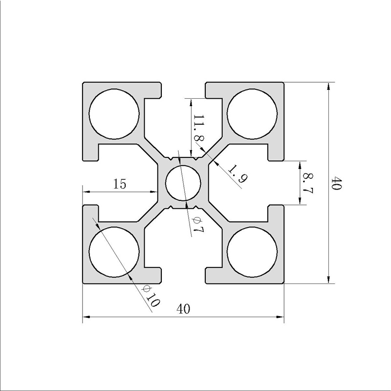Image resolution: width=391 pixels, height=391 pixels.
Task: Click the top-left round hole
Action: pyautogui.click(x=114, y=114)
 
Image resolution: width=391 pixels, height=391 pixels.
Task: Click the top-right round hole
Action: pyautogui.click(x=252, y=114)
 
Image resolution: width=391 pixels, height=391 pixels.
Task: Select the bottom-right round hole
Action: pyautogui.click(x=252, y=252)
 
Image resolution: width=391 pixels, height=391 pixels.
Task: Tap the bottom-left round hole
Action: pyautogui.click(x=114, y=252)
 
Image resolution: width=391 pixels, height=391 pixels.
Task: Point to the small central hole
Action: pyautogui.click(x=183, y=183)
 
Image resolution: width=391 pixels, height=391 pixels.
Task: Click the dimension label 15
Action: pyautogui.click(x=120, y=184)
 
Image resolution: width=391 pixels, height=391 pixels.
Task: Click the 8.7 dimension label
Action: pyautogui.click(x=308, y=183)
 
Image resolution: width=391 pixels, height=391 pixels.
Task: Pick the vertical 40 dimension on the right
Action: pyautogui.click(x=336, y=183)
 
